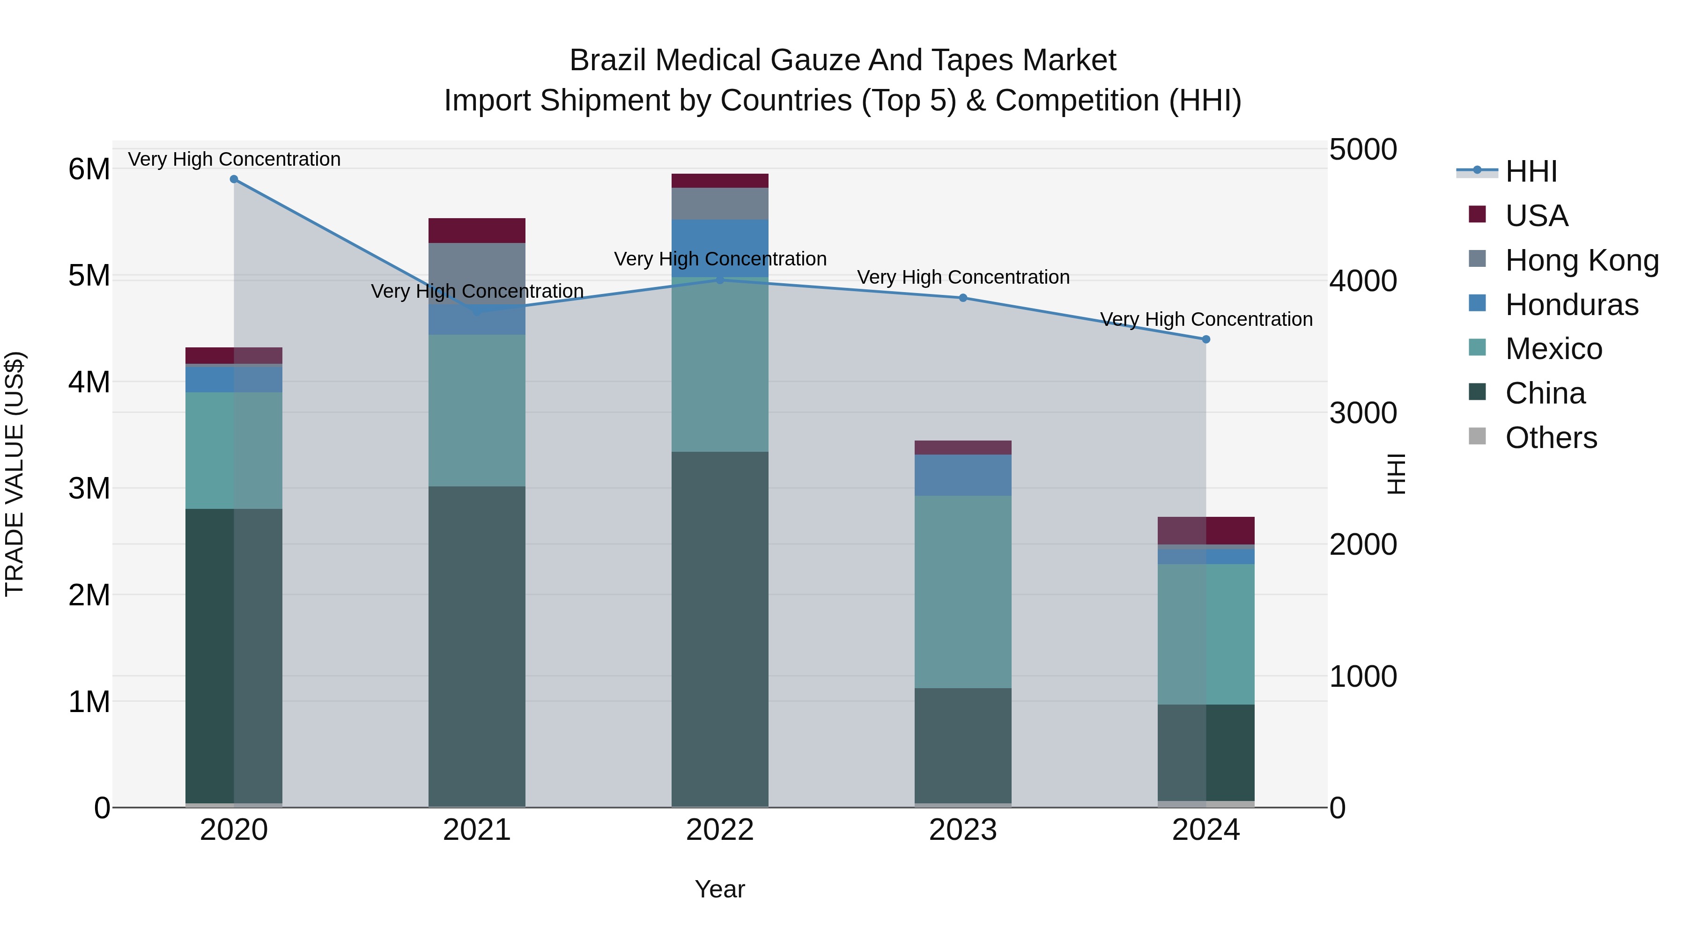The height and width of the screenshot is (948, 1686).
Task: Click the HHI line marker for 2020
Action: coord(234,179)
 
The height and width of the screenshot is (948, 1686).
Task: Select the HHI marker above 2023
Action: coord(963,298)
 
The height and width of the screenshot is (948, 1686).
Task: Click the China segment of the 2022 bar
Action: coord(720,628)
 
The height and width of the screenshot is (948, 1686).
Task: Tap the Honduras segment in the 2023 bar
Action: coord(963,475)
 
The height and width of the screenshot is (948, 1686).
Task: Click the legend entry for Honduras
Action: coord(1571,305)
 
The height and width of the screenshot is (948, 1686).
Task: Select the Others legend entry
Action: coord(1551,438)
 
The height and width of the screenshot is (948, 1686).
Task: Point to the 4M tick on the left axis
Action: coord(89,382)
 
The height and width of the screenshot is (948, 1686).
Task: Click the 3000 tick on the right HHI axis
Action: coord(1363,413)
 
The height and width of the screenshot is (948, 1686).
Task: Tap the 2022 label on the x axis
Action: coord(720,830)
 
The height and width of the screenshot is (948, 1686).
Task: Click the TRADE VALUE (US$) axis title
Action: coord(15,474)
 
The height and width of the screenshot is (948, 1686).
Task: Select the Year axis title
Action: coord(720,889)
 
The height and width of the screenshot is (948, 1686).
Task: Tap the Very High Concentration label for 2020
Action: coord(234,159)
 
